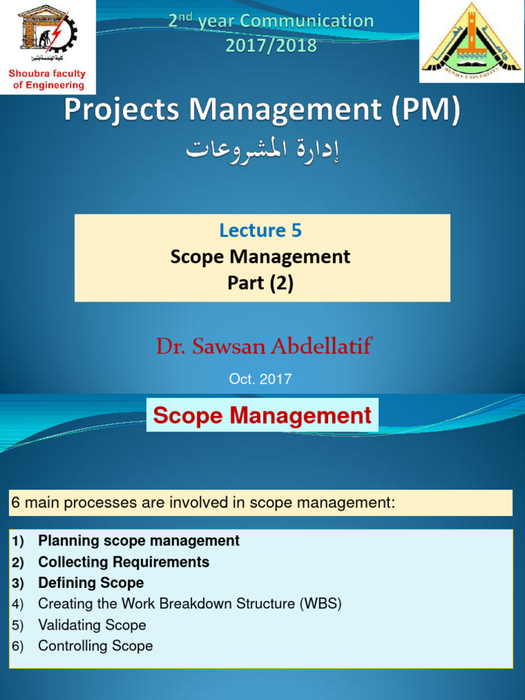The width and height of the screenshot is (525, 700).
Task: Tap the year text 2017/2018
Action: pos(271,45)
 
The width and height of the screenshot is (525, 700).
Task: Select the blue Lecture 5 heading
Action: pos(260,230)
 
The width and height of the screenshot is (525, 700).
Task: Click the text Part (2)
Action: pos(260,283)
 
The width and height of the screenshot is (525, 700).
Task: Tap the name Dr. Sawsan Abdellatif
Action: pos(263,346)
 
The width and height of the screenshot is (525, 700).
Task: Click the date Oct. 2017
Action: pos(260,379)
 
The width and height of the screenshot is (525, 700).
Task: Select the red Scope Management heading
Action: pos(262,415)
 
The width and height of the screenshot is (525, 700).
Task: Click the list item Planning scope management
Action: pos(139,541)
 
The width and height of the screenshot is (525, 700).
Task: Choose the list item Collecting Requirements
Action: pos(124,562)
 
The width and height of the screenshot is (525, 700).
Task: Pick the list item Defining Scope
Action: pos(91,583)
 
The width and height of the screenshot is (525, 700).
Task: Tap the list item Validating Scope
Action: pos(92,625)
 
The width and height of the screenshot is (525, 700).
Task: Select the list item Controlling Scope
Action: pos(96,646)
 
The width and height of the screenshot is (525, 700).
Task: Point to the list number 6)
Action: pos(17,646)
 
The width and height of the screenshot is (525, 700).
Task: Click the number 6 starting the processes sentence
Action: pos(14,503)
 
